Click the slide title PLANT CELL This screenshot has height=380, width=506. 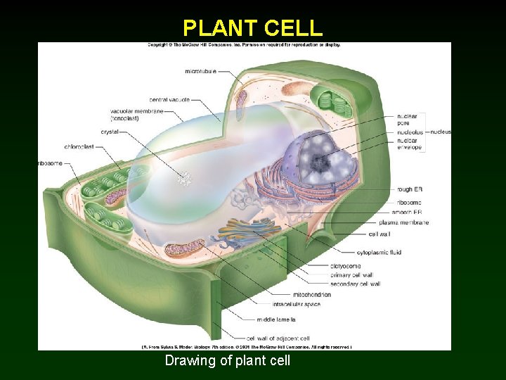(252, 27)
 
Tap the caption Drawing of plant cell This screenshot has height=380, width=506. (227, 361)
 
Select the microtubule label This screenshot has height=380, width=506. (200, 71)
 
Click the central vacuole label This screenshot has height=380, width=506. (169, 100)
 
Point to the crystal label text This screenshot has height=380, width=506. (110, 132)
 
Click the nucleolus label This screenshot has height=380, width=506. (410, 132)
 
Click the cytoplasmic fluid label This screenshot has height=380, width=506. (379, 253)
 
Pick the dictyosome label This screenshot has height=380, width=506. (345, 267)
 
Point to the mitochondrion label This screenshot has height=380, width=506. (312, 294)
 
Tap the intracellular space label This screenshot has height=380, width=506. (297, 304)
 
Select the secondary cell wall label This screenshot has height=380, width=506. (355, 284)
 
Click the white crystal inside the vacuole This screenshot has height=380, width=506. (186, 179)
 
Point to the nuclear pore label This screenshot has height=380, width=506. (407, 120)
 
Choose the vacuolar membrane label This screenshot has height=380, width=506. (137, 115)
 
